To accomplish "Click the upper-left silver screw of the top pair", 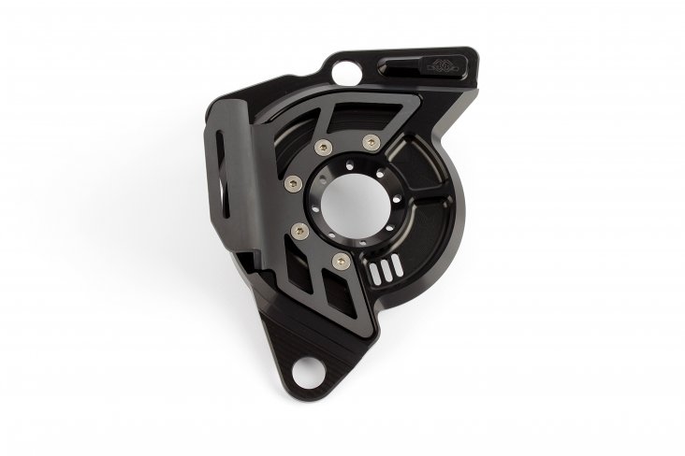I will tap(324, 146).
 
